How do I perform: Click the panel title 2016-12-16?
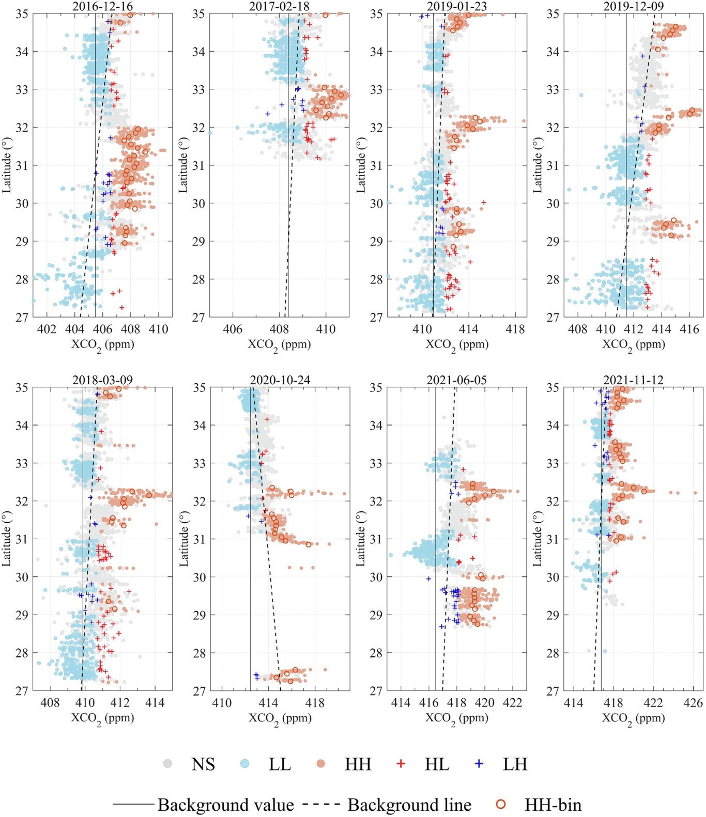[x=102, y=6]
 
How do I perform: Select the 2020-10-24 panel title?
[x=280, y=380]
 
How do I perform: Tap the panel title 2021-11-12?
[x=633, y=380]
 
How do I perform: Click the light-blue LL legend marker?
[x=245, y=763]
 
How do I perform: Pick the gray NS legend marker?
[x=168, y=763]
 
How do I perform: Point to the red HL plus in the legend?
[x=401, y=763]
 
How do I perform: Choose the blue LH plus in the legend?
[x=479, y=763]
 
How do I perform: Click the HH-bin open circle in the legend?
[x=500, y=804]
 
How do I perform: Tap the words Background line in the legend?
[x=409, y=805]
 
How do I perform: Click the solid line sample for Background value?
[x=133, y=805]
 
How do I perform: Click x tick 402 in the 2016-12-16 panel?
[x=47, y=329]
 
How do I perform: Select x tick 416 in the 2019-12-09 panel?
[x=689, y=329]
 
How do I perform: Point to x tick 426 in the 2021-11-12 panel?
[x=693, y=703]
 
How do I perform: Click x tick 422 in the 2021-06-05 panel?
[x=513, y=703]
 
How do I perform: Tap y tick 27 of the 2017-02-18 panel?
[x=199, y=317]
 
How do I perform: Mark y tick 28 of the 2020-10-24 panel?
[x=199, y=653]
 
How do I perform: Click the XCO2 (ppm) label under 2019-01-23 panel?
[x=457, y=345]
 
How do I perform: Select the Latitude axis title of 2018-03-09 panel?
[x=7, y=539]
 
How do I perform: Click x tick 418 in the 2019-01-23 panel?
[x=515, y=329]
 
